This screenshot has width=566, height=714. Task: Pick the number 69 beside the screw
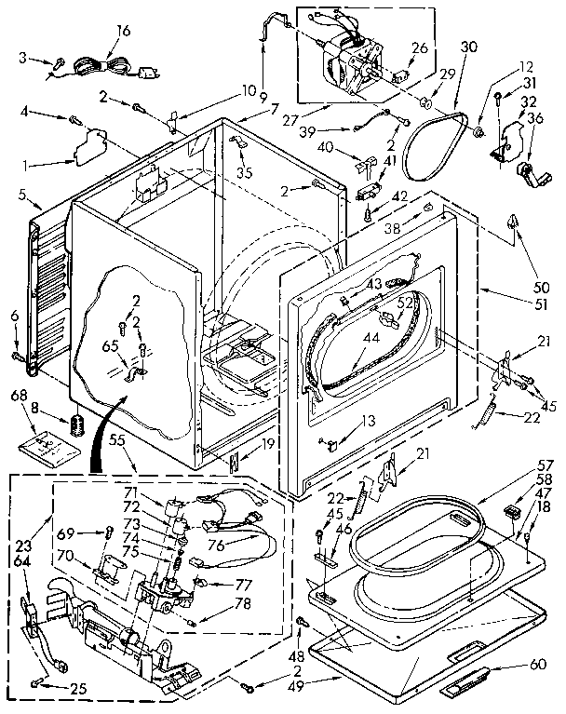[x=64, y=532]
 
